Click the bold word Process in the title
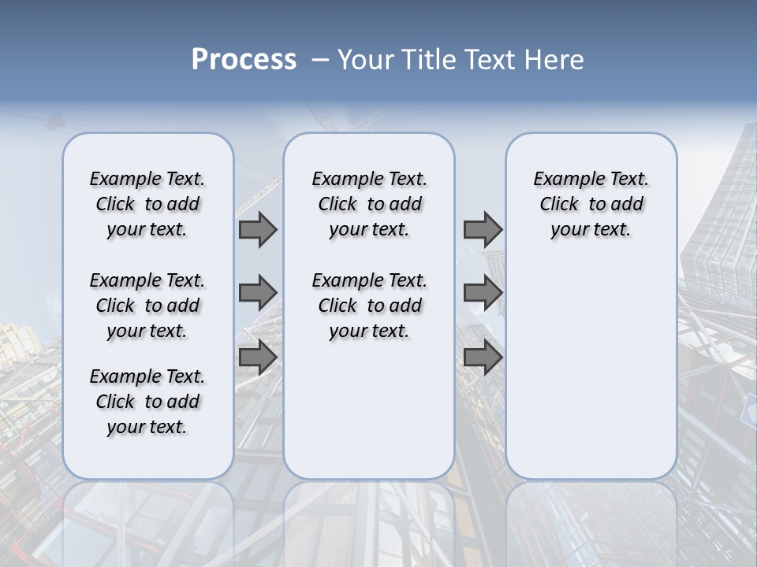click(244, 60)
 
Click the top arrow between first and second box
click(257, 230)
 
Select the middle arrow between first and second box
click(257, 293)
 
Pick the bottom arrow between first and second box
click(257, 358)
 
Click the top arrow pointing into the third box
click(482, 230)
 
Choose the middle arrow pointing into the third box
click(482, 293)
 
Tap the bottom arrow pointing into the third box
click(482, 358)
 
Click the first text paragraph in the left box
click(147, 204)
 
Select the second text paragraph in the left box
click(147, 306)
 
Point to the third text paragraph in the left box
click(147, 402)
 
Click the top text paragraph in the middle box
click(369, 204)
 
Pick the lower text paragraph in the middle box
click(369, 306)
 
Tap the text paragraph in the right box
click(591, 204)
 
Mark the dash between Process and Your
click(320, 60)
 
